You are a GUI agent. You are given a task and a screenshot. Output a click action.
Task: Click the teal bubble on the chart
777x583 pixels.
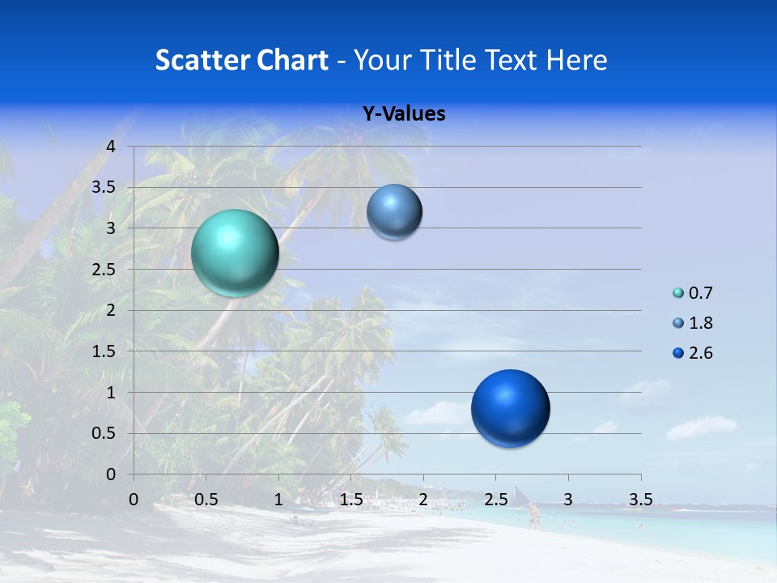click(x=235, y=253)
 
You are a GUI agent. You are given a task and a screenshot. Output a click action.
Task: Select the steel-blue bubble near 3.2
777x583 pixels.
click(x=394, y=212)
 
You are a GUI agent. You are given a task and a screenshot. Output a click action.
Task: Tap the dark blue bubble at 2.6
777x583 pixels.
click(x=510, y=408)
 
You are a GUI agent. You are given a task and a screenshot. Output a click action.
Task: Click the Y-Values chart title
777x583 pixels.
click(x=404, y=114)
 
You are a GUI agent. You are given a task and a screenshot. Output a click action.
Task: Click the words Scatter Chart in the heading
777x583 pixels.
click(x=241, y=60)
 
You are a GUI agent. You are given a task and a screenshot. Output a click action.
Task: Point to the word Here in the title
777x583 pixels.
click(x=577, y=60)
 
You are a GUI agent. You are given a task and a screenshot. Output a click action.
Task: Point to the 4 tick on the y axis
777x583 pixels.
click(x=112, y=147)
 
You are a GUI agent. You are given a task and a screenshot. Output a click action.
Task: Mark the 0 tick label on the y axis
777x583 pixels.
click(x=112, y=474)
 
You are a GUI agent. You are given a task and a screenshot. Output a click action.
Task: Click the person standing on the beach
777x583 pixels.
click(x=533, y=515)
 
